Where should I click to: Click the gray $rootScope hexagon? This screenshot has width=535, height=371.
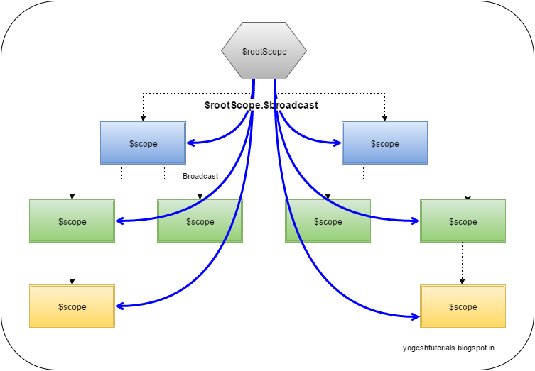(x=264, y=52)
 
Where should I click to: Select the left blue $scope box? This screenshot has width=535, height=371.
(x=143, y=143)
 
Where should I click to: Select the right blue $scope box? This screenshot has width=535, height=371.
(x=384, y=143)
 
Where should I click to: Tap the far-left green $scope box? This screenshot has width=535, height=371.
(x=72, y=221)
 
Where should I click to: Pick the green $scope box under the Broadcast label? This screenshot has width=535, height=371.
(x=200, y=221)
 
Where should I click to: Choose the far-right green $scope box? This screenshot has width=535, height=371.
(x=463, y=221)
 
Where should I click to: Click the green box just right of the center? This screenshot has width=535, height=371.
(x=328, y=221)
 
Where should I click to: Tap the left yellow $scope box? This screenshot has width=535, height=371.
(x=72, y=306)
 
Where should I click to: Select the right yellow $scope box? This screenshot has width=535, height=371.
(x=463, y=306)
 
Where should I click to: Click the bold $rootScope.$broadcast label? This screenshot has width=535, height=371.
(x=261, y=105)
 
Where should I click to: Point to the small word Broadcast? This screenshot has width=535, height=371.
(x=200, y=175)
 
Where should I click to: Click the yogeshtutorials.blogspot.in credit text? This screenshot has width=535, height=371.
(x=448, y=348)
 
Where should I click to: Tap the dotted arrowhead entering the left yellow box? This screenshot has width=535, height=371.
(x=72, y=282)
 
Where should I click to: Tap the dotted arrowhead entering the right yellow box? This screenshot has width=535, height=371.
(x=463, y=282)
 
